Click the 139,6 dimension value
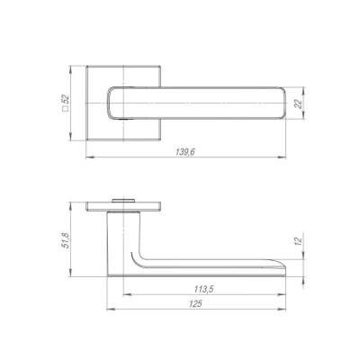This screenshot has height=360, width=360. point(185,152)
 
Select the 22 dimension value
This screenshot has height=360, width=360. point(298,104)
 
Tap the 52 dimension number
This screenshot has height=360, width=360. point(66,100)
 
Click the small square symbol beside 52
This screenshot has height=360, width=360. point(64,109)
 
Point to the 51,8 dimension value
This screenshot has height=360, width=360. point(66,240)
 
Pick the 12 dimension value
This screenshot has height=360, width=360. point(298,240)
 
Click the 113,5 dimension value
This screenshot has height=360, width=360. point(203,289)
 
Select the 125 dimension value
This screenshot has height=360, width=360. point(195,304)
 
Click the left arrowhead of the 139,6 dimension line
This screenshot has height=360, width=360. point(90,157)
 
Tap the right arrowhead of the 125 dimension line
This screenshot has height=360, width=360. point(282,309)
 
